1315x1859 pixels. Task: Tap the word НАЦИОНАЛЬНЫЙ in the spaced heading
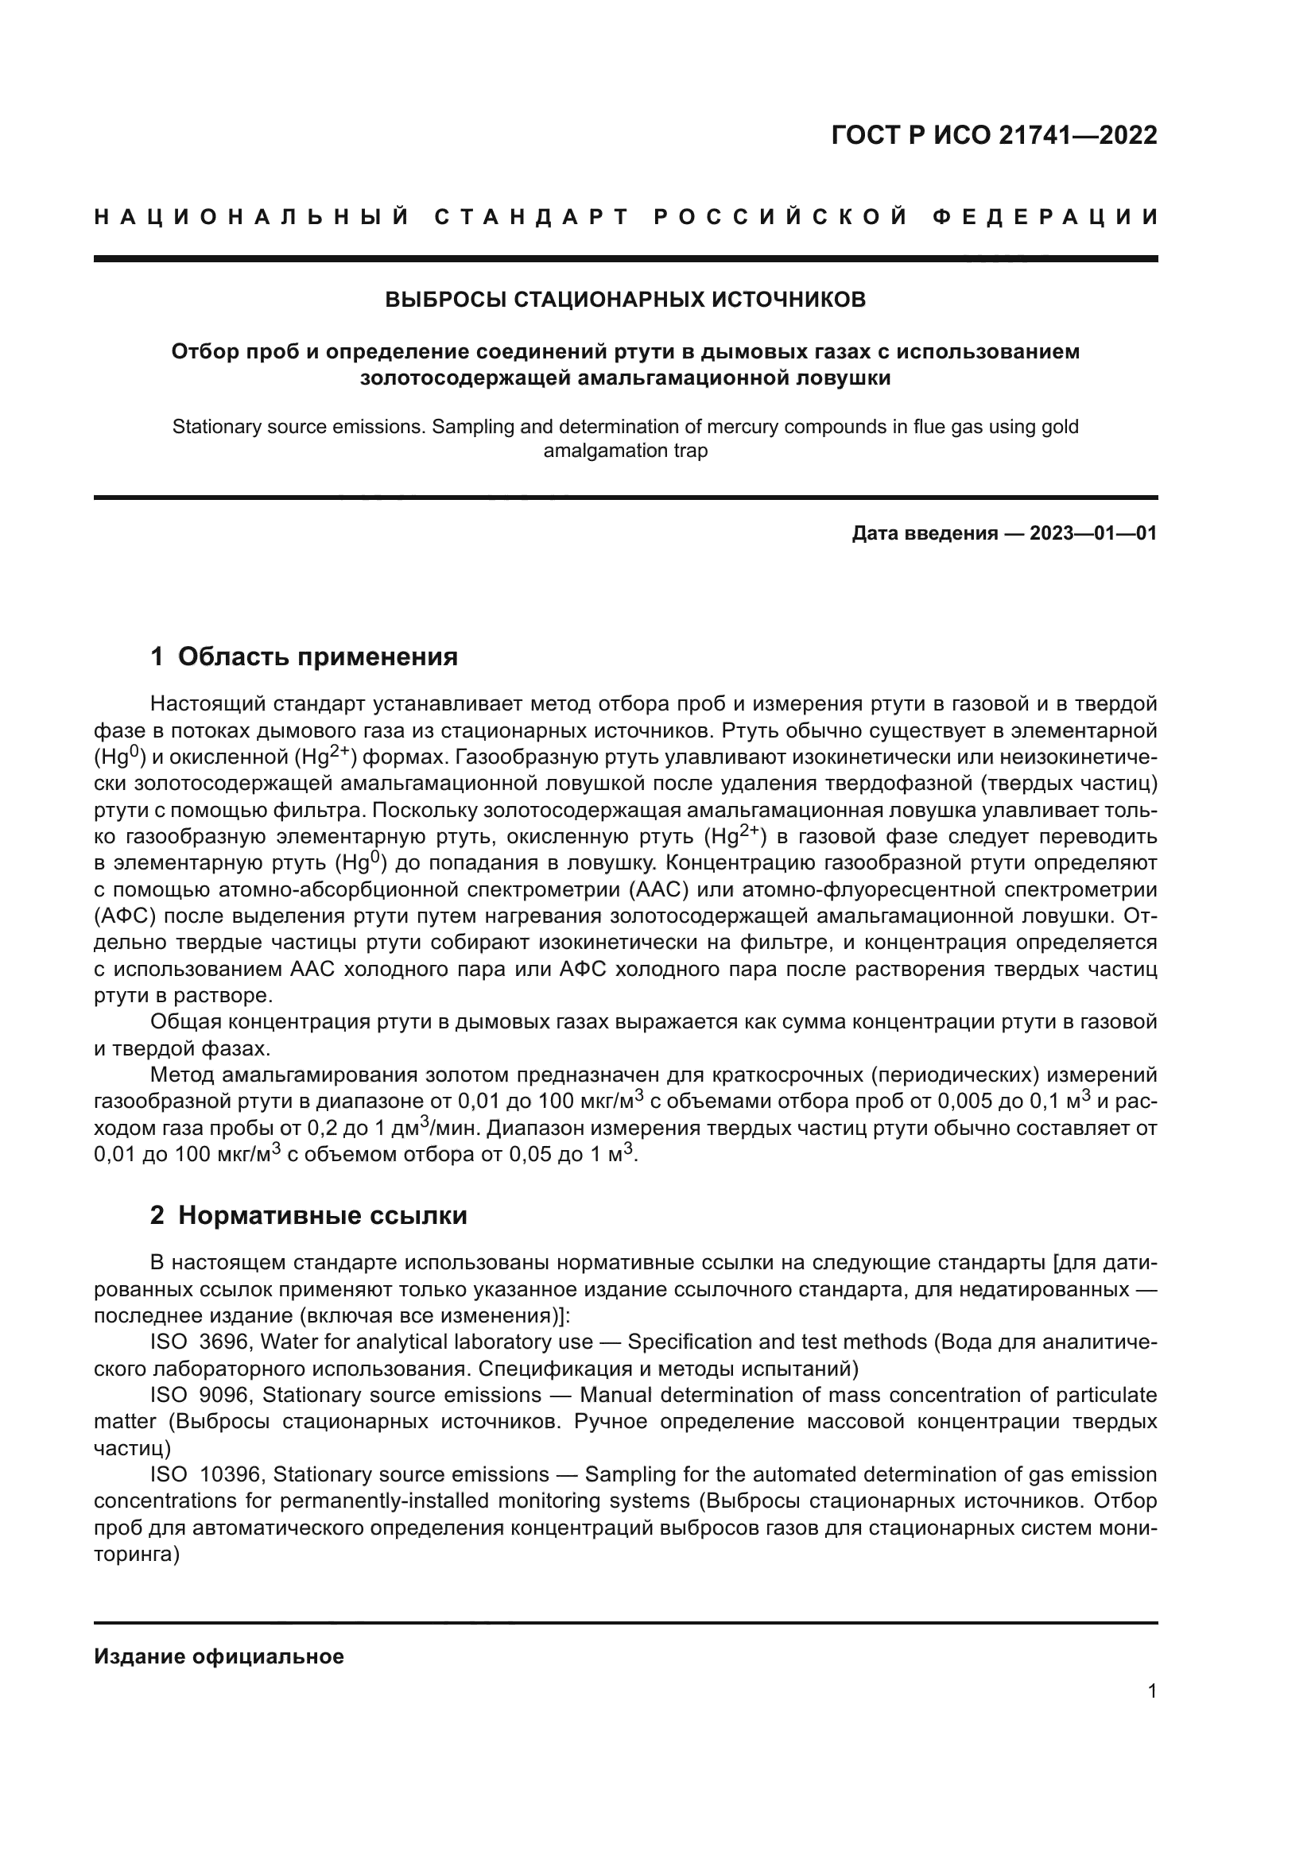point(252,217)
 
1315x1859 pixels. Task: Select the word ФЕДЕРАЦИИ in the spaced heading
point(1045,217)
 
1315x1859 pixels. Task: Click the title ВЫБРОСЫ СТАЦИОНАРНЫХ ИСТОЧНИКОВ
point(625,300)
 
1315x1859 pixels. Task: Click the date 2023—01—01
point(1093,533)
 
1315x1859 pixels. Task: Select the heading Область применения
point(317,656)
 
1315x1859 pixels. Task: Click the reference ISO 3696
point(203,1342)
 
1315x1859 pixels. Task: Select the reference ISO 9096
point(203,1395)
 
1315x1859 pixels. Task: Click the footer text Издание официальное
point(219,1656)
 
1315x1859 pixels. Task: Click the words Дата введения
point(924,533)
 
